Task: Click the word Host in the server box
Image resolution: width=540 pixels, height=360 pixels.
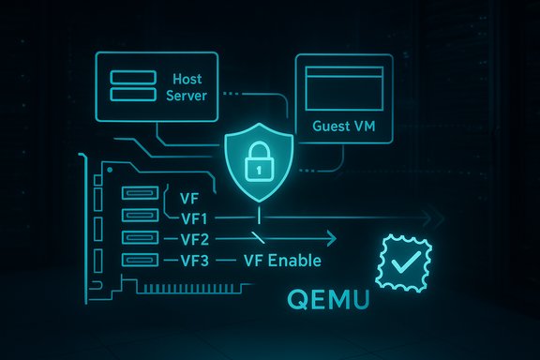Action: coord(187,81)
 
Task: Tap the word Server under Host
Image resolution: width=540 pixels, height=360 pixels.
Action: coord(187,97)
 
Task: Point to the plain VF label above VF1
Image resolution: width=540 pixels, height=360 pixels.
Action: coord(186,198)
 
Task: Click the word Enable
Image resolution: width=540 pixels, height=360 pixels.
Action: coord(298,260)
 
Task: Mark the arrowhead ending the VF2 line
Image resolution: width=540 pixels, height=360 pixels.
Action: coord(332,238)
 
